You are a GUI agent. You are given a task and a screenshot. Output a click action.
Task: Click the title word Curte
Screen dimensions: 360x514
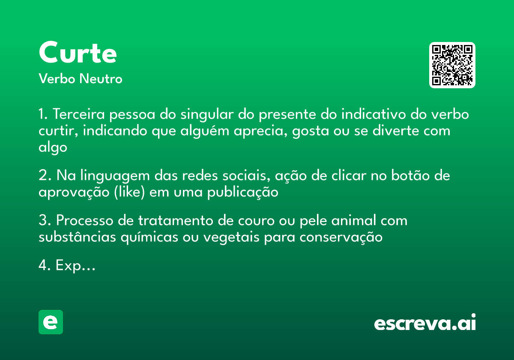tap(78, 53)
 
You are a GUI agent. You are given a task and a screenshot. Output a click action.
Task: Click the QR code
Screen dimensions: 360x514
tap(452, 65)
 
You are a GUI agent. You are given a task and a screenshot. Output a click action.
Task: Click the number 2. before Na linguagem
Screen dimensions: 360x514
tap(45, 176)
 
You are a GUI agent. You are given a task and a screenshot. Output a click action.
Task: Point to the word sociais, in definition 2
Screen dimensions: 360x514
tap(244, 176)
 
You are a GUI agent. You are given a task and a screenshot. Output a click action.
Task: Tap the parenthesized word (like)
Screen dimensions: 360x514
tap(129, 192)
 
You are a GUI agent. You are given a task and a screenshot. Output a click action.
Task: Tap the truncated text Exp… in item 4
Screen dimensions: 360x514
tap(75, 266)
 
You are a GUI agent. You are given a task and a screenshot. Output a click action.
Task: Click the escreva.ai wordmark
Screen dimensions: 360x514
tap(425, 323)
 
